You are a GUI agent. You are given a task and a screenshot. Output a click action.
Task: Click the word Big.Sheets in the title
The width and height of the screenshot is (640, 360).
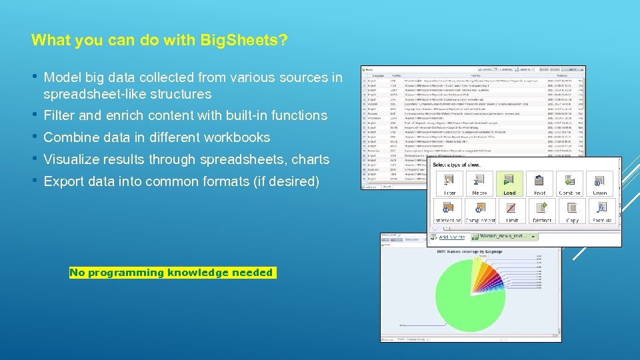(244, 40)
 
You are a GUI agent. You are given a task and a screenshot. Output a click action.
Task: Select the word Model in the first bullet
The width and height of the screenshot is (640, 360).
(62, 78)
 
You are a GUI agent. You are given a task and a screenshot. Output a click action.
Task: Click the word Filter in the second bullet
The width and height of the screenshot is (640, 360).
(59, 116)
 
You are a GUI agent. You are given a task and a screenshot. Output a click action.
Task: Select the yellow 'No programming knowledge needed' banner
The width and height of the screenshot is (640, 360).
(172, 273)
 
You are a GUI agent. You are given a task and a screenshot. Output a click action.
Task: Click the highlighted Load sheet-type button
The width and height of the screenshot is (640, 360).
(509, 183)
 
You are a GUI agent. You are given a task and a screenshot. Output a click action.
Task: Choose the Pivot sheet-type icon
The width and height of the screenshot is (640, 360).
(540, 183)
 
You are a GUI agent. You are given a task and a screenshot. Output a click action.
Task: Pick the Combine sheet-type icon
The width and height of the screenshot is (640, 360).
(570, 183)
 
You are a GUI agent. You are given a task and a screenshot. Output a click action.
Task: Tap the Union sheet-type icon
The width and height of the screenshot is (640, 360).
(600, 183)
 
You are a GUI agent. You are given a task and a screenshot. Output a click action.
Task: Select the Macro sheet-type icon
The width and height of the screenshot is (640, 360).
(479, 183)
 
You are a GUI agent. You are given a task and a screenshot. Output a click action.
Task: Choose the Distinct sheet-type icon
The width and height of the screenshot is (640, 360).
(541, 211)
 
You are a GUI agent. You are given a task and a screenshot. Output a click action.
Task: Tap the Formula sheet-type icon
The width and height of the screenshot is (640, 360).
(602, 211)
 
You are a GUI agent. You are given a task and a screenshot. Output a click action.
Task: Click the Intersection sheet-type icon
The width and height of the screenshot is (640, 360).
(448, 211)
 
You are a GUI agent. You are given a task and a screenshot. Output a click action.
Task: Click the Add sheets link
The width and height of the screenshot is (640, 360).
(451, 237)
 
